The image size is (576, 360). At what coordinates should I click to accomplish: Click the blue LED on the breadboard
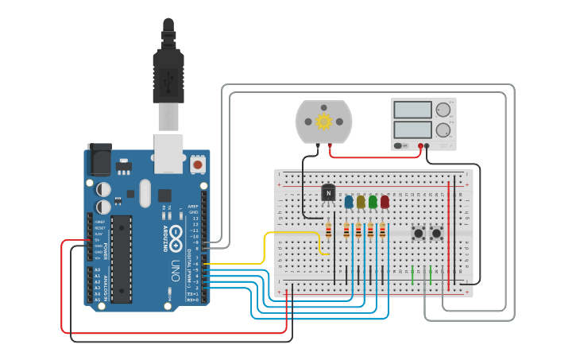click(x=349, y=202)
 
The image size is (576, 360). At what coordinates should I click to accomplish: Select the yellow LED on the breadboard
click(x=361, y=202)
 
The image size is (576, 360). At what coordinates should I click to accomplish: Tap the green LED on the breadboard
click(x=373, y=202)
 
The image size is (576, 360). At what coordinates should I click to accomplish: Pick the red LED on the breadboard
click(x=385, y=202)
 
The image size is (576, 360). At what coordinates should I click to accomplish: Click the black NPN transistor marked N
click(x=328, y=192)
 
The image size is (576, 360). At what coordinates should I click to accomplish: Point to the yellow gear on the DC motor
click(x=323, y=122)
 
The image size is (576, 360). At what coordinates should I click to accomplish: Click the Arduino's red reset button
click(x=197, y=165)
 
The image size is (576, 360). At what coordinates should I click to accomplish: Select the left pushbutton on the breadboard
click(x=418, y=233)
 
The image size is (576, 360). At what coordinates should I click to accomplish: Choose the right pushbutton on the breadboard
click(x=436, y=233)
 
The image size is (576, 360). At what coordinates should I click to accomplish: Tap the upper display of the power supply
click(x=412, y=110)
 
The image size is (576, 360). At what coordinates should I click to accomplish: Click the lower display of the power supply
click(x=412, y=129)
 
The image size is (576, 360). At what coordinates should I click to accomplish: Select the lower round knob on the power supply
click(x=443, y=130)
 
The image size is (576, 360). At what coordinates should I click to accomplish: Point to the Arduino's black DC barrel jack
click(x=99, y=159)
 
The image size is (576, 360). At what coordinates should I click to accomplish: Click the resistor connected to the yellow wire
click(x=329, y=230)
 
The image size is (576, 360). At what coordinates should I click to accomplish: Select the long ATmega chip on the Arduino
click(x=121, y=258)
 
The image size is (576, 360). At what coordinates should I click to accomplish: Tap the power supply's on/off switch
click(x=400, y=145)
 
